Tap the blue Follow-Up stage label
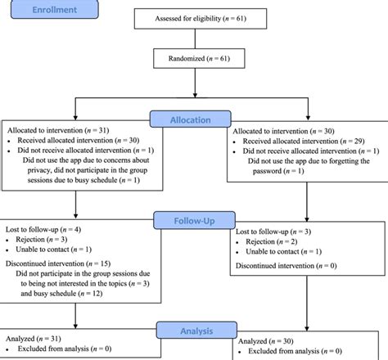click(193, 219)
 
